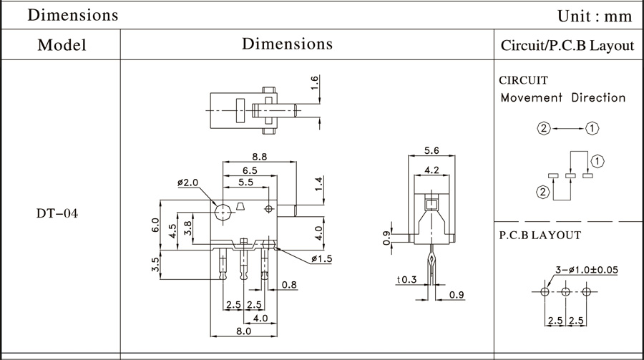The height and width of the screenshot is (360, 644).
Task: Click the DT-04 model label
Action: pos(57,213)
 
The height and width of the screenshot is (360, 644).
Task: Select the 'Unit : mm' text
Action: pos(595,16)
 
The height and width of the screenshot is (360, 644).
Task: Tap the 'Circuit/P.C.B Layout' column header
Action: pos(567,45)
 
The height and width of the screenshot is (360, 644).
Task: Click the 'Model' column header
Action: pos(62,45)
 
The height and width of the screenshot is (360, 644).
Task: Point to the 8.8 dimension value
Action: pos(260,157)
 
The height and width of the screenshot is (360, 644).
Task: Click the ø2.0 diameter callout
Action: pos(187,183)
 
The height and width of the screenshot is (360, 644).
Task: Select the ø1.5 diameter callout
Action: pos(321,259)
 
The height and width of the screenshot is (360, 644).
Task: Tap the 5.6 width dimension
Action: pos(431,151)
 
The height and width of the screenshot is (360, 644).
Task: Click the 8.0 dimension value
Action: pos(243,331)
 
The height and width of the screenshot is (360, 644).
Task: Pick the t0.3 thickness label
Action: pos(407,280)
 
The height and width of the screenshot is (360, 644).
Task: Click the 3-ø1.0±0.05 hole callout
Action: pos(587,270)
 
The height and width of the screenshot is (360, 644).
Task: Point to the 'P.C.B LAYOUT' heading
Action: pos(540,235)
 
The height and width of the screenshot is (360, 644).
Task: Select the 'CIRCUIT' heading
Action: pos(523,80)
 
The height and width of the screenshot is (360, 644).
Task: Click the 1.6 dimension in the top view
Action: pos(314,83)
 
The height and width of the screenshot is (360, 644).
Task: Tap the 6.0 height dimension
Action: pos(155,225)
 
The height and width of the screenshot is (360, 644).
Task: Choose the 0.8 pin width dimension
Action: pos(289,285)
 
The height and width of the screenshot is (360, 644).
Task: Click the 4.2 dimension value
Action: pos(431,170)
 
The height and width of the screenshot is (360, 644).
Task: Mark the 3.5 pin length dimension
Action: pos(155,264)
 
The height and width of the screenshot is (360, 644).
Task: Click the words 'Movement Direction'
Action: pos(563,98)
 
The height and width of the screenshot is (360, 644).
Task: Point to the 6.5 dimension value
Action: pos(250,170)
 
